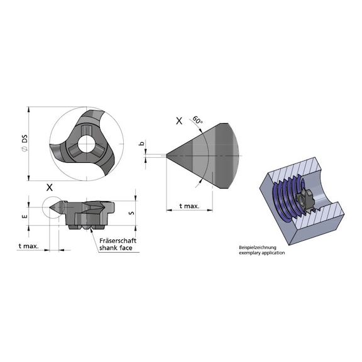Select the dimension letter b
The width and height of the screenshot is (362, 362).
[x=142, y=144]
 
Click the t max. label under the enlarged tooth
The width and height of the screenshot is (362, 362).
[x=189, y=206]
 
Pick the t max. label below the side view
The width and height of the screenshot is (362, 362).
[x=28, y=246]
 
